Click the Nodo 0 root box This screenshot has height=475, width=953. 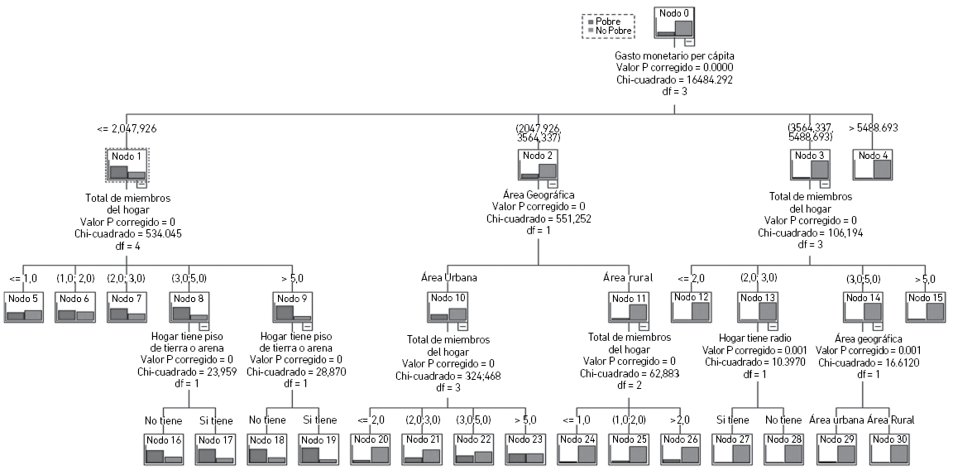click(673, 22)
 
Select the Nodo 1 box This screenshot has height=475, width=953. click(127, 166)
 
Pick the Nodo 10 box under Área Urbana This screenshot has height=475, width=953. click(448, 306)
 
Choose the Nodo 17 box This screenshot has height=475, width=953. click(215, 448)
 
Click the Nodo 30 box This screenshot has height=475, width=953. click(889, 448)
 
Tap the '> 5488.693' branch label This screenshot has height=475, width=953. click(874, 128)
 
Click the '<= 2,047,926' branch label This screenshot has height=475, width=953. click(127, 128)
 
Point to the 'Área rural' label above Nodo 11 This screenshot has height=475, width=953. click(628, 278)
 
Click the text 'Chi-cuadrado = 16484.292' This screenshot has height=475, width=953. click(674, 79)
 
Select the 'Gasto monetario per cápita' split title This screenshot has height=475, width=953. click(674, 55)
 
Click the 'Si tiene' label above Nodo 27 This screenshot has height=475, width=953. click(733, 420)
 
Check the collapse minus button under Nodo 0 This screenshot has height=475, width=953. click(688, 41)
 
